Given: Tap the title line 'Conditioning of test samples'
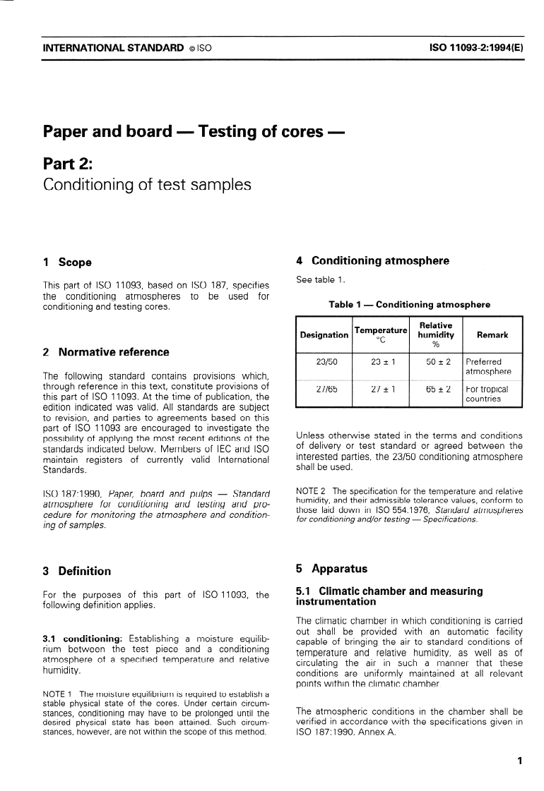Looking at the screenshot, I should pyautogui.click(x=147, y=185).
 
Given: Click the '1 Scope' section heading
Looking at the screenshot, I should pyautogui.click(x=68, y=262).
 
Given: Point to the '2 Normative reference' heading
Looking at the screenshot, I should pyautogui.click(x=107, y=352).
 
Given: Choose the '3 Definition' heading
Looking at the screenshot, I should pyautogui.click(x=77, y=571).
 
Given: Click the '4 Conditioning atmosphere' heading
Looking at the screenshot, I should pyautogui.click(x=372, y=261).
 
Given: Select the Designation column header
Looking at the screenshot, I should pyautogui.click(x=324, y=335).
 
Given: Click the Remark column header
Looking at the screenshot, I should pyautogui.click(x=492, y=335).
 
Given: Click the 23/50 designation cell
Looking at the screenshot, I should pyautogui.click(x=324, y=362).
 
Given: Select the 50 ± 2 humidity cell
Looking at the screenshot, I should pyautogui.click(x=436, y=362).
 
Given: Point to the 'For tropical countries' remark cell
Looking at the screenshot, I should pyautogui.click(x=487, y=394).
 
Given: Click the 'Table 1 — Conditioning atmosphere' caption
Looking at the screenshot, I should pyautogui.click(x=409, y=305).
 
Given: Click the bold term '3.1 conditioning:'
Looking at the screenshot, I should pyautogui.click(x=83, y=639).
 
